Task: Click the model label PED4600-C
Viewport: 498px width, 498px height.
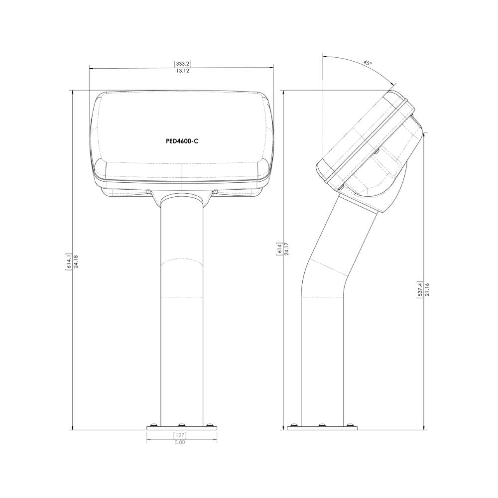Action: [x=182, y=141]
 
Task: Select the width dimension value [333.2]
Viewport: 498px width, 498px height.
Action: [x=182, y=64]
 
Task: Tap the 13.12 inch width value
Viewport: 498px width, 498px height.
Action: [x=182, y=71]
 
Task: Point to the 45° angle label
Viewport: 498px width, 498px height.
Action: [x=367, y=63]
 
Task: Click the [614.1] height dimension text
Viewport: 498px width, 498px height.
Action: [x=68, y=261]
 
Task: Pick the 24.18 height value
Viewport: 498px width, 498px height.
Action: [x=76, y=261]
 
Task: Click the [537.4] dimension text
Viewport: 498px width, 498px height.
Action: [x=420, y=290]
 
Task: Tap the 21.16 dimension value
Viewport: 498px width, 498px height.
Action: [x=427, y=290]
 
